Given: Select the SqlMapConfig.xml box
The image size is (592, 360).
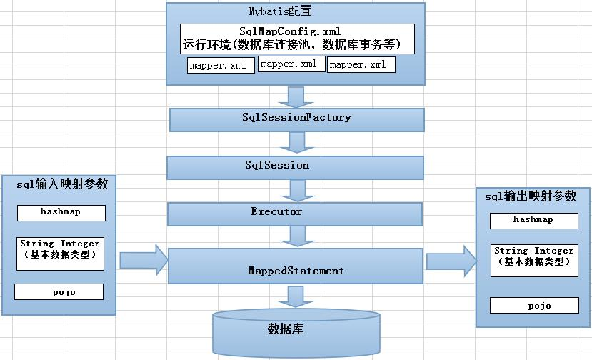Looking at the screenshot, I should (x=297, y=39).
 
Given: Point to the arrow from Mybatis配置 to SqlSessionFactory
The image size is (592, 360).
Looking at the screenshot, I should (x=294, y=96).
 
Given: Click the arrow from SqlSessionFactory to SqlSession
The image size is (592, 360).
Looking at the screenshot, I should (x=294, y=143).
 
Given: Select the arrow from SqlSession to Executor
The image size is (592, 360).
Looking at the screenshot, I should (x=294, y=191).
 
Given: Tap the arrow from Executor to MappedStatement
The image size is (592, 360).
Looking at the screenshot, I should (x=294, y=236).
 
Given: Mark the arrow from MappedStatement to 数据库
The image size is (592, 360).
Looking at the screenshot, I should (x=294, y=297).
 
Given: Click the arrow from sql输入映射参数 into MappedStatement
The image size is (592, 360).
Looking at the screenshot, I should (x=142, y=258).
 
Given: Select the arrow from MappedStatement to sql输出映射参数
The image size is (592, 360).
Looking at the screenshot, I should (x=451, y=261).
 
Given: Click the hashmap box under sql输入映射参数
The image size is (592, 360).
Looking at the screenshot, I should (x=61, y=213).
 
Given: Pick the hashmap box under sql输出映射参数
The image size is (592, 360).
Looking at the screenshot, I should (x=533, y=221).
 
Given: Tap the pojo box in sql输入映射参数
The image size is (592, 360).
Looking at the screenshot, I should (x=59, y=291).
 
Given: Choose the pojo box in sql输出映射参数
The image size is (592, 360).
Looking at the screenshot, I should (x=533, y=305).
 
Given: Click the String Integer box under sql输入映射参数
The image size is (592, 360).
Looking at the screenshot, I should (x=61, y=254).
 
